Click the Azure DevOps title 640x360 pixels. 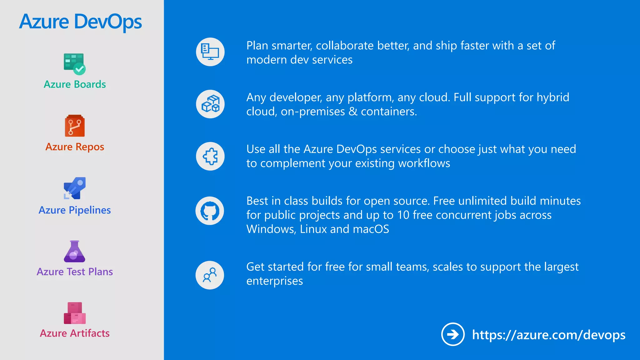click(x=81, y=22)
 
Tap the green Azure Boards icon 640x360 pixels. click(x=74, y=64)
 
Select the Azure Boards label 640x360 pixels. click(x=75, y=84)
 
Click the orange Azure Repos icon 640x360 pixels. click(x=75, y=126)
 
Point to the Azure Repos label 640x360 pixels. click(x=75, y=147)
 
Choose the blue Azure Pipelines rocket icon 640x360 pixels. click(x=75, y=188)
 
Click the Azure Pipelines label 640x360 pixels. click(x=75, y=210)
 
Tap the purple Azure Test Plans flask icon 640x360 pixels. click(x=74, y=251)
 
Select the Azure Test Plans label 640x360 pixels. click(x=75, y=272)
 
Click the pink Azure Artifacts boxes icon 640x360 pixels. click(x=75, y=313)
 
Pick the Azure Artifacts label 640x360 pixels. click(x=75, y=333)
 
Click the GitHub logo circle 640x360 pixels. click(x=210, y=211)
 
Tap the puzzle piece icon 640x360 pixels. click(x=210, y=156)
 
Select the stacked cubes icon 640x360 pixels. click(x=210, y=104)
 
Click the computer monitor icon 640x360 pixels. click(x=210, y=52)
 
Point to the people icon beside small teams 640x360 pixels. click(x=210, y=275)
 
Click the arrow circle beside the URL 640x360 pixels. click(x=453, y=334)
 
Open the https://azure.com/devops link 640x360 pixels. click(x=549, y=335)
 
